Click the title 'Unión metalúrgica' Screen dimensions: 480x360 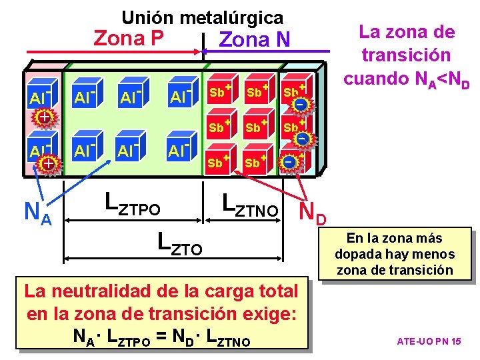coord(202,17)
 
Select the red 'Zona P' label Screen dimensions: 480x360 coord(129,38)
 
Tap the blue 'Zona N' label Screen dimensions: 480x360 coord(254,40)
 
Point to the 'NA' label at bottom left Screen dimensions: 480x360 coord(37,213)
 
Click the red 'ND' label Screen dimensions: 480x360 coord(313,212)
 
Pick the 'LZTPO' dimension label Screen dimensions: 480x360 coord(133,203)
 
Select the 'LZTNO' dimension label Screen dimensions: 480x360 coord(249,204)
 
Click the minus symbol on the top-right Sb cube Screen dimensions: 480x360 coord(301,105)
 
